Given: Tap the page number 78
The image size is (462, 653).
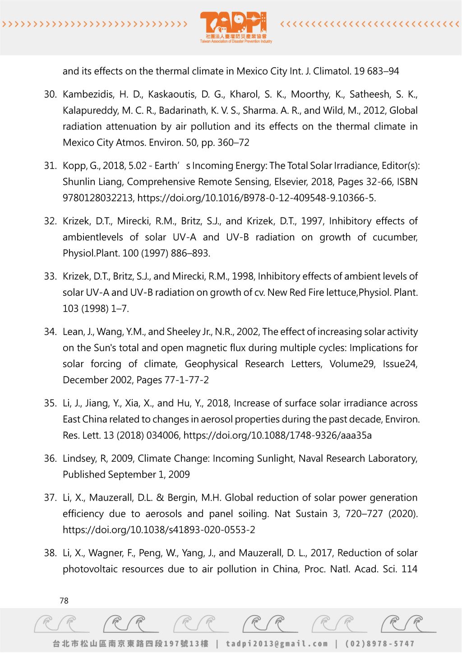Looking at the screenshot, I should [64, 601].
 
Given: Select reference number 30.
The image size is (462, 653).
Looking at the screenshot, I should [50, 94].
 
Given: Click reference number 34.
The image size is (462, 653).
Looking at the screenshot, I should [50, 332].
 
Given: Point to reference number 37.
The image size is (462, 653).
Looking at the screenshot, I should [50, 498].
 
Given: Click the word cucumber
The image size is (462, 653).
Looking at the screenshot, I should [395, 237].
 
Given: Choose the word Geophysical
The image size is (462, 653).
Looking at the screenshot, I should [211, 364].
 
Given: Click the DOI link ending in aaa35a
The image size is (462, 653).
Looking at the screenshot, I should [277, 436].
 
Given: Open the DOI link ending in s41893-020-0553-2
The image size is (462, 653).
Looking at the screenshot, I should [159, 530].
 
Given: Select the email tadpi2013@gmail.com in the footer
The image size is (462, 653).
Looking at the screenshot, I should [277, 644].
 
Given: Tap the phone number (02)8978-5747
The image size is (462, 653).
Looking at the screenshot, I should [379, 644].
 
